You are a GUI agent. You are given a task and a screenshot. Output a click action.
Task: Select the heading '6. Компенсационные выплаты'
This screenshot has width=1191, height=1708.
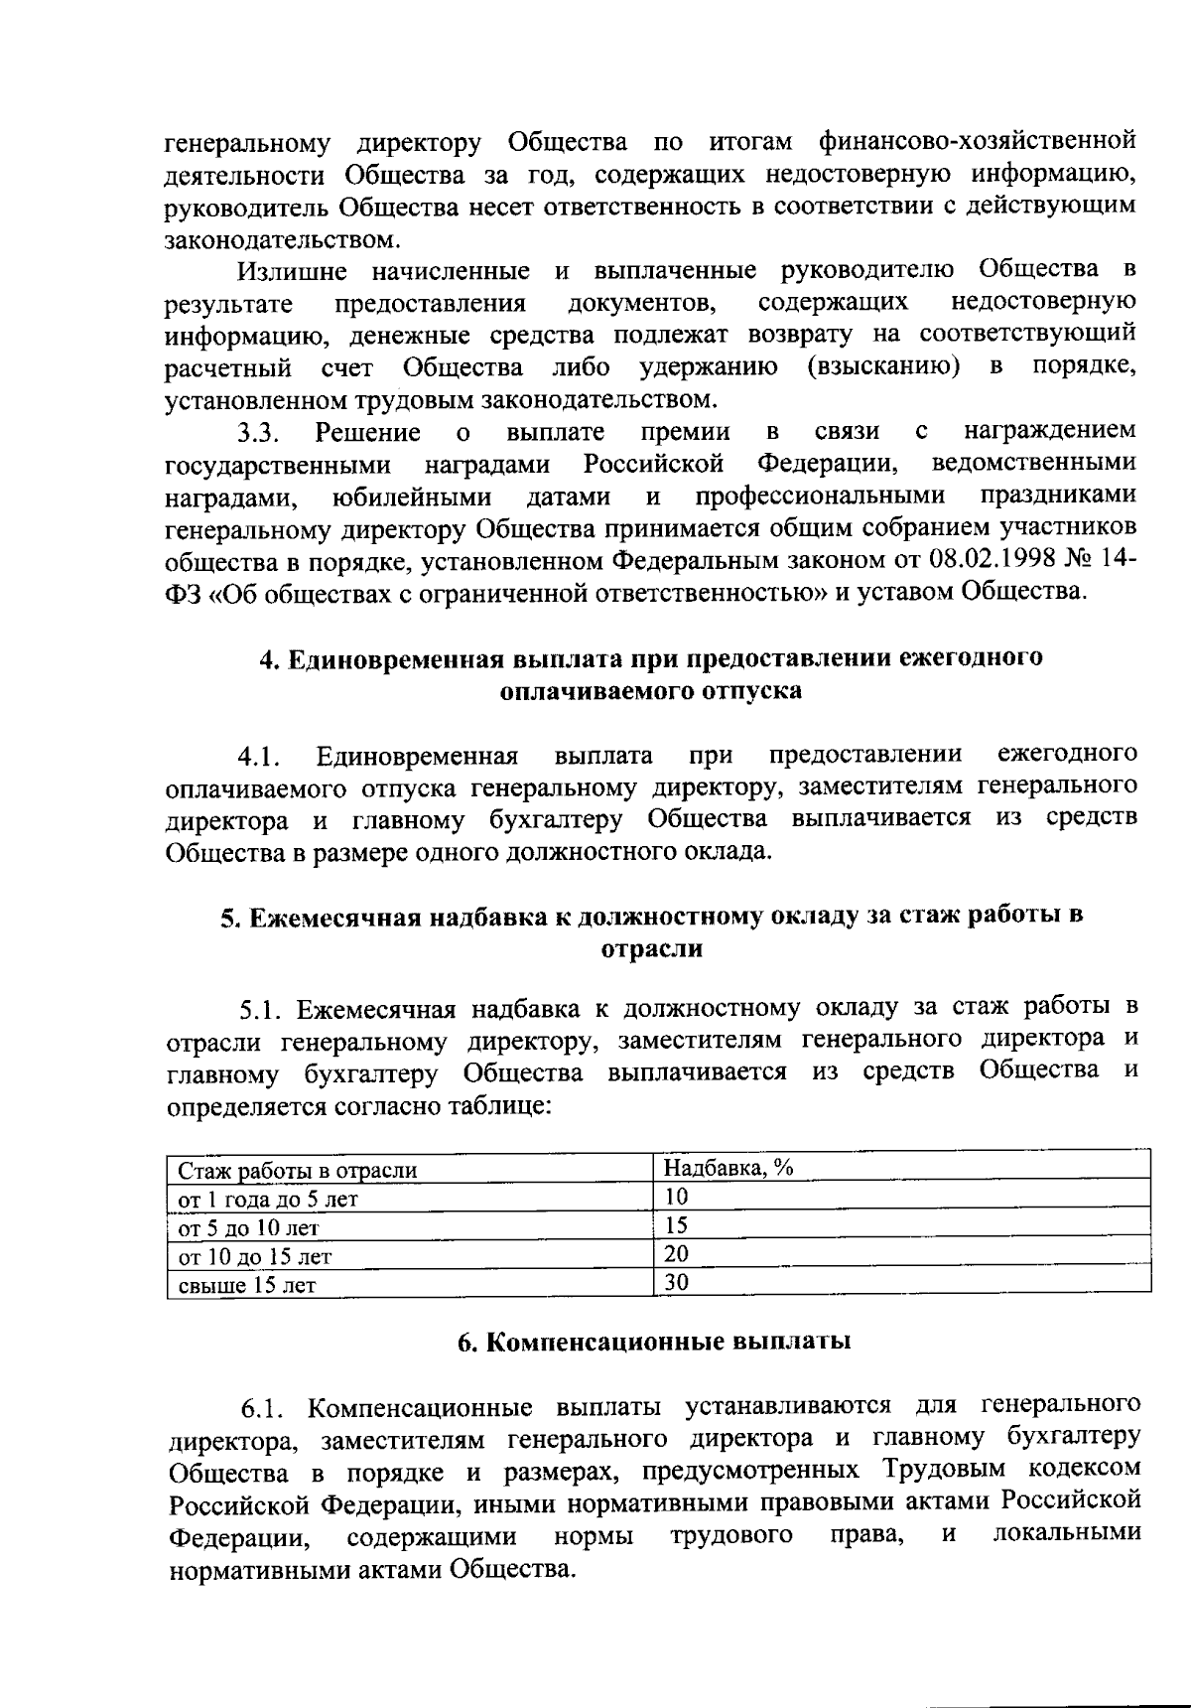click(654, 1342)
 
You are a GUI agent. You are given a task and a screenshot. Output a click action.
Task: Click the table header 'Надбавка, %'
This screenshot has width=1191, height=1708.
click(728, 1168)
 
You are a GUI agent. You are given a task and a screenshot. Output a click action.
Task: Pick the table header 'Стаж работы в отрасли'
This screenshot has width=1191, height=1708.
click(297, 1170)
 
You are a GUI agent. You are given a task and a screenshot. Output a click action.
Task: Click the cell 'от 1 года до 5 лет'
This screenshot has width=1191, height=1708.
click(268, 1199)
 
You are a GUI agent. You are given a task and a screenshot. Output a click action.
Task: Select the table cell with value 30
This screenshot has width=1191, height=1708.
click(676, 1282)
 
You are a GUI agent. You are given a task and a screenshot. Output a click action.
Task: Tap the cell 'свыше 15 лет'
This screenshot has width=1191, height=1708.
click(246, 1285)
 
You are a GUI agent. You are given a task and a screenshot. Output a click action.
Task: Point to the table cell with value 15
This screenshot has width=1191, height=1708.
click(676, 1225)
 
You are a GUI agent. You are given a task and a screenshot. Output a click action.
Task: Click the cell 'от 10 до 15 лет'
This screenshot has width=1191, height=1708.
click(254, 1256)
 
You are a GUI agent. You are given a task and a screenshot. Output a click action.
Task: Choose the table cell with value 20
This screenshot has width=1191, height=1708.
click(676, 1253)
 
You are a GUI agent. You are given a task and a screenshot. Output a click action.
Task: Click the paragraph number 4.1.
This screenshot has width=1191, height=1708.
click(261, 758)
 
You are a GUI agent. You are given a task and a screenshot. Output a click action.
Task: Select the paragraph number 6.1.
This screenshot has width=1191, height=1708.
click(265, 1408)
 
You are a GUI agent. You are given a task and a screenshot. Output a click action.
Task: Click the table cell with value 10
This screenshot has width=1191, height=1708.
click(676, 1197)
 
